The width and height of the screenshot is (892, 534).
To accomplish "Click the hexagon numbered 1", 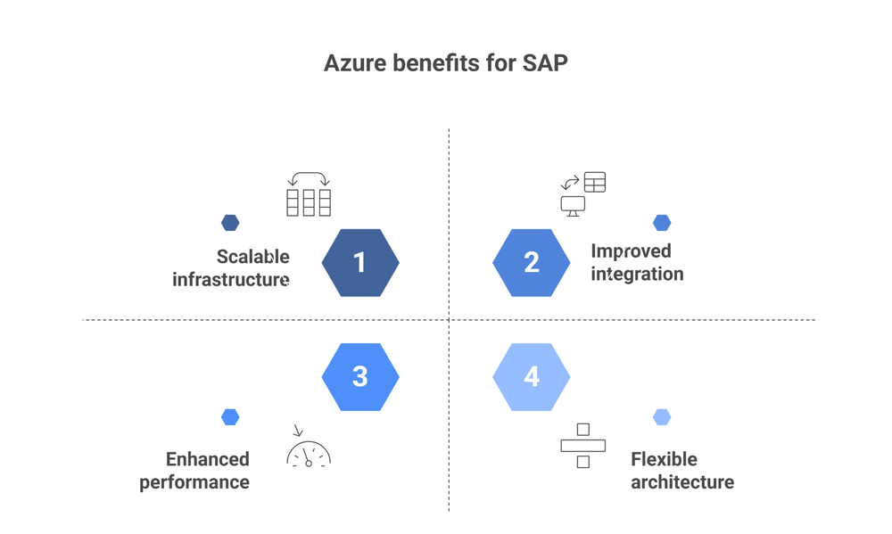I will coord(359,262).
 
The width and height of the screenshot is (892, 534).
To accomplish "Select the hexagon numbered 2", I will coord(532,262).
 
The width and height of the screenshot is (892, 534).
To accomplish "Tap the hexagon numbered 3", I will coord(359,376).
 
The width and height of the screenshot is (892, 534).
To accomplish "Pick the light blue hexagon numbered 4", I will coord(532,376).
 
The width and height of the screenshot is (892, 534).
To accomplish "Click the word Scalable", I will coord(253,257).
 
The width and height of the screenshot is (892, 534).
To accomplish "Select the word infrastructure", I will coord(231,279).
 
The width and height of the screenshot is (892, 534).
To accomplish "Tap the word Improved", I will coord(631,251).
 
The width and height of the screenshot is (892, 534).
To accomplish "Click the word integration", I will coord(637,274).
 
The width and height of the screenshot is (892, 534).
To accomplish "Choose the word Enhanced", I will coord(208,459).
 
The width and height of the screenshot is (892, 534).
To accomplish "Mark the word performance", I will coord(194,482).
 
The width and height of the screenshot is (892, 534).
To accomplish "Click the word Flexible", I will coord(664,459).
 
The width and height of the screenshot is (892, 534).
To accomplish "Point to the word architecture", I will coord(682,482).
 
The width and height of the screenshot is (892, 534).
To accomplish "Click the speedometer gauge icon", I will coord(309,451).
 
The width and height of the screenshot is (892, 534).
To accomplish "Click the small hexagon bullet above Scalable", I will coord(230,223).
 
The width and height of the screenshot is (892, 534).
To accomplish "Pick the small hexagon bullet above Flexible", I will coord(661,416).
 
